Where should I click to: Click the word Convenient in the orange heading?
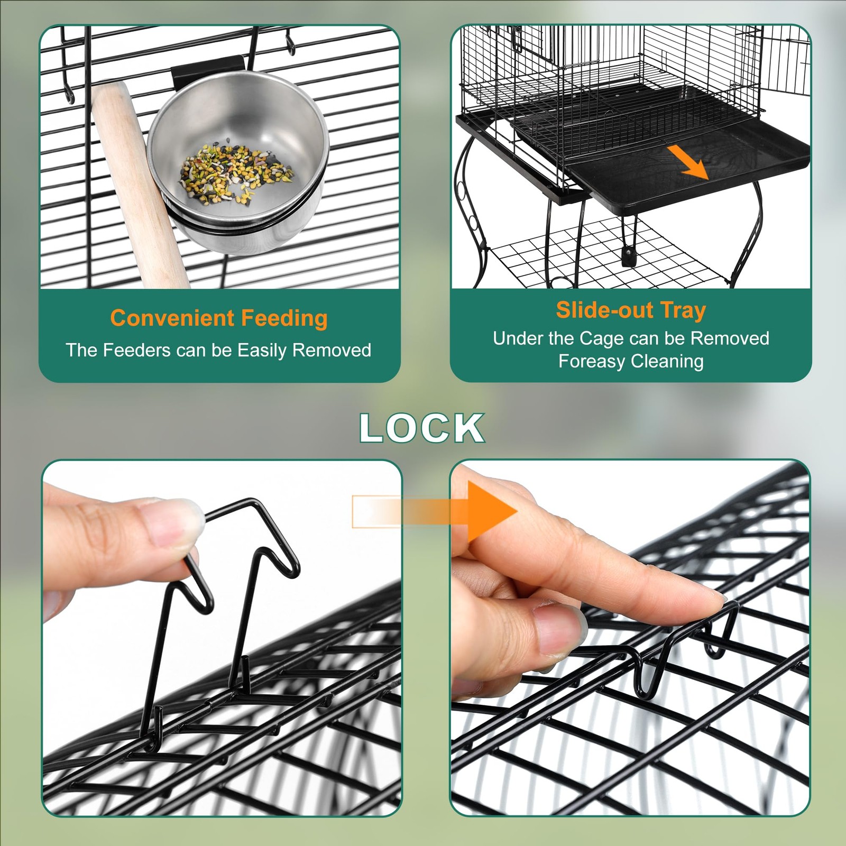click(172, 318)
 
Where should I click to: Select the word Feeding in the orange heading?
click(284, 318)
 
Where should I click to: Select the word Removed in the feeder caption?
click(332, 350)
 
